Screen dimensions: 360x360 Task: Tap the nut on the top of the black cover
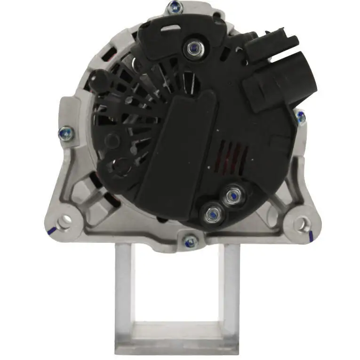(192, 47)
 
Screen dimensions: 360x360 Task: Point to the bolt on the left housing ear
(64, 134)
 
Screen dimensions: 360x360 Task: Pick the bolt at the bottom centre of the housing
(190, 242)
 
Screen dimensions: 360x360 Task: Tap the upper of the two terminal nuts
(232, 194)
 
